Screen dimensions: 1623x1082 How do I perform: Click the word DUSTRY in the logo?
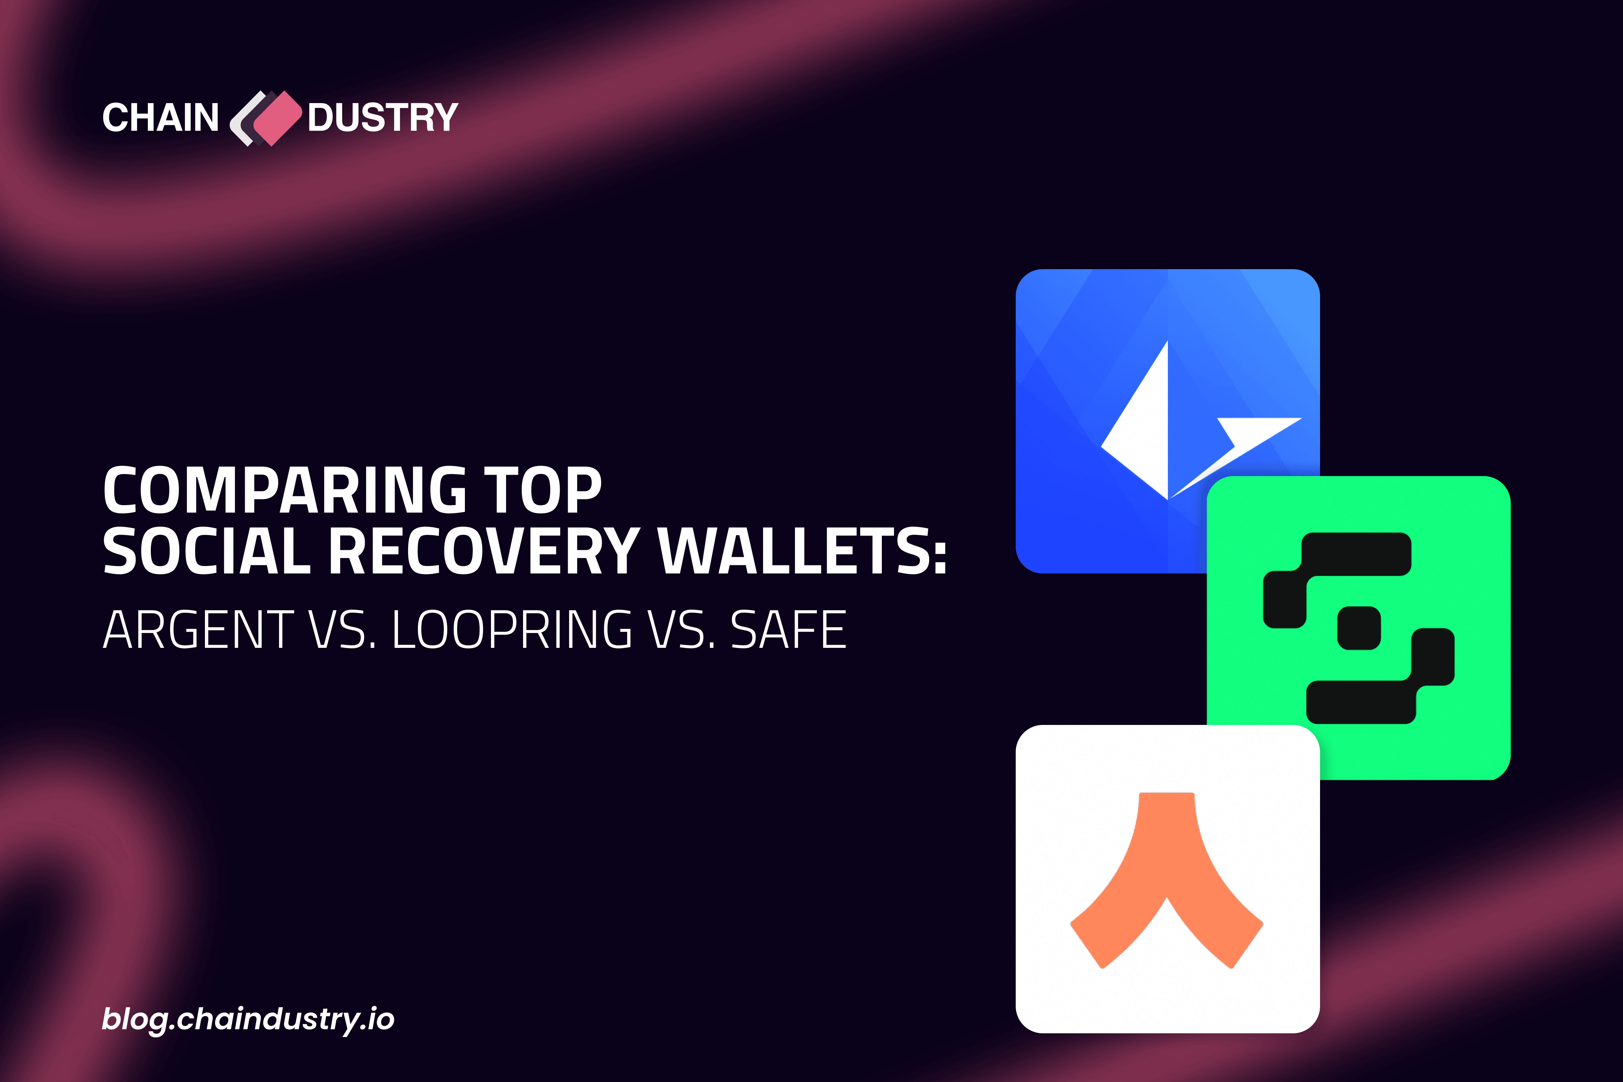coord(383,117)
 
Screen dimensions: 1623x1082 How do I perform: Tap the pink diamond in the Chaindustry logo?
coord(277,118)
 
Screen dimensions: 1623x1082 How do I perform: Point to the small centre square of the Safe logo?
coord(1359,628)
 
